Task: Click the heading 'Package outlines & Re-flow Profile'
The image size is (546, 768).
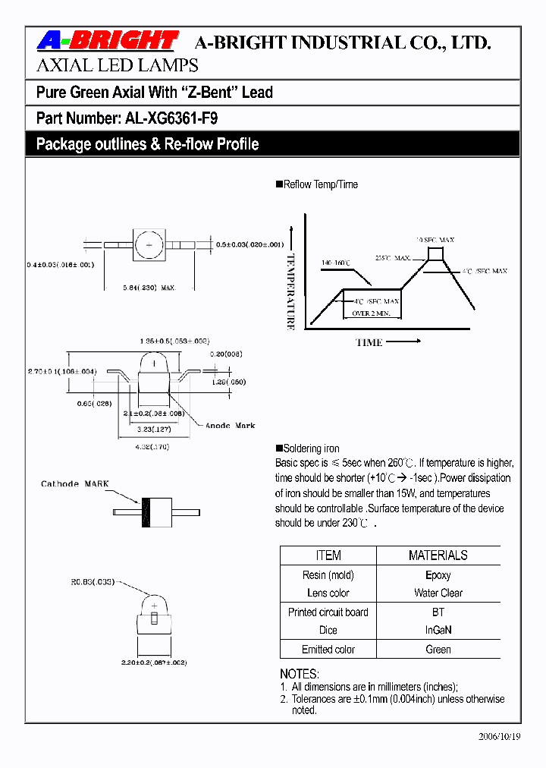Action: [x=147, y=144]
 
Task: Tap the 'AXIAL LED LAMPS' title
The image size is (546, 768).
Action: [x=118, y=65]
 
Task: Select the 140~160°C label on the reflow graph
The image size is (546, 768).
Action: [x=335, y=263]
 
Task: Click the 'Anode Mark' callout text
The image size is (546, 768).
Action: [x=231, y=426]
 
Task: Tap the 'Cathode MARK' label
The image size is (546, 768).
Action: [x=75, y=483]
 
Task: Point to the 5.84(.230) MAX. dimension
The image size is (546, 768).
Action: [x=149, y=288]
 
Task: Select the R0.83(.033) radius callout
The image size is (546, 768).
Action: [x=93, y=583]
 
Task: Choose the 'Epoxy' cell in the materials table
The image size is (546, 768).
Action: [x=438, y=575]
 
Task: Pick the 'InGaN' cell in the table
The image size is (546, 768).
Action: [x=438, y=630]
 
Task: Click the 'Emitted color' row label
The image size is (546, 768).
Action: [x=328, y=650]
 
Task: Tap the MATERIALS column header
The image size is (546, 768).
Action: [x=438, y=556]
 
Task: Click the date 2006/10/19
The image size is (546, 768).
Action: [x=499, y=737]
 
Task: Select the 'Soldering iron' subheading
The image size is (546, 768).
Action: [x=311, y=449]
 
